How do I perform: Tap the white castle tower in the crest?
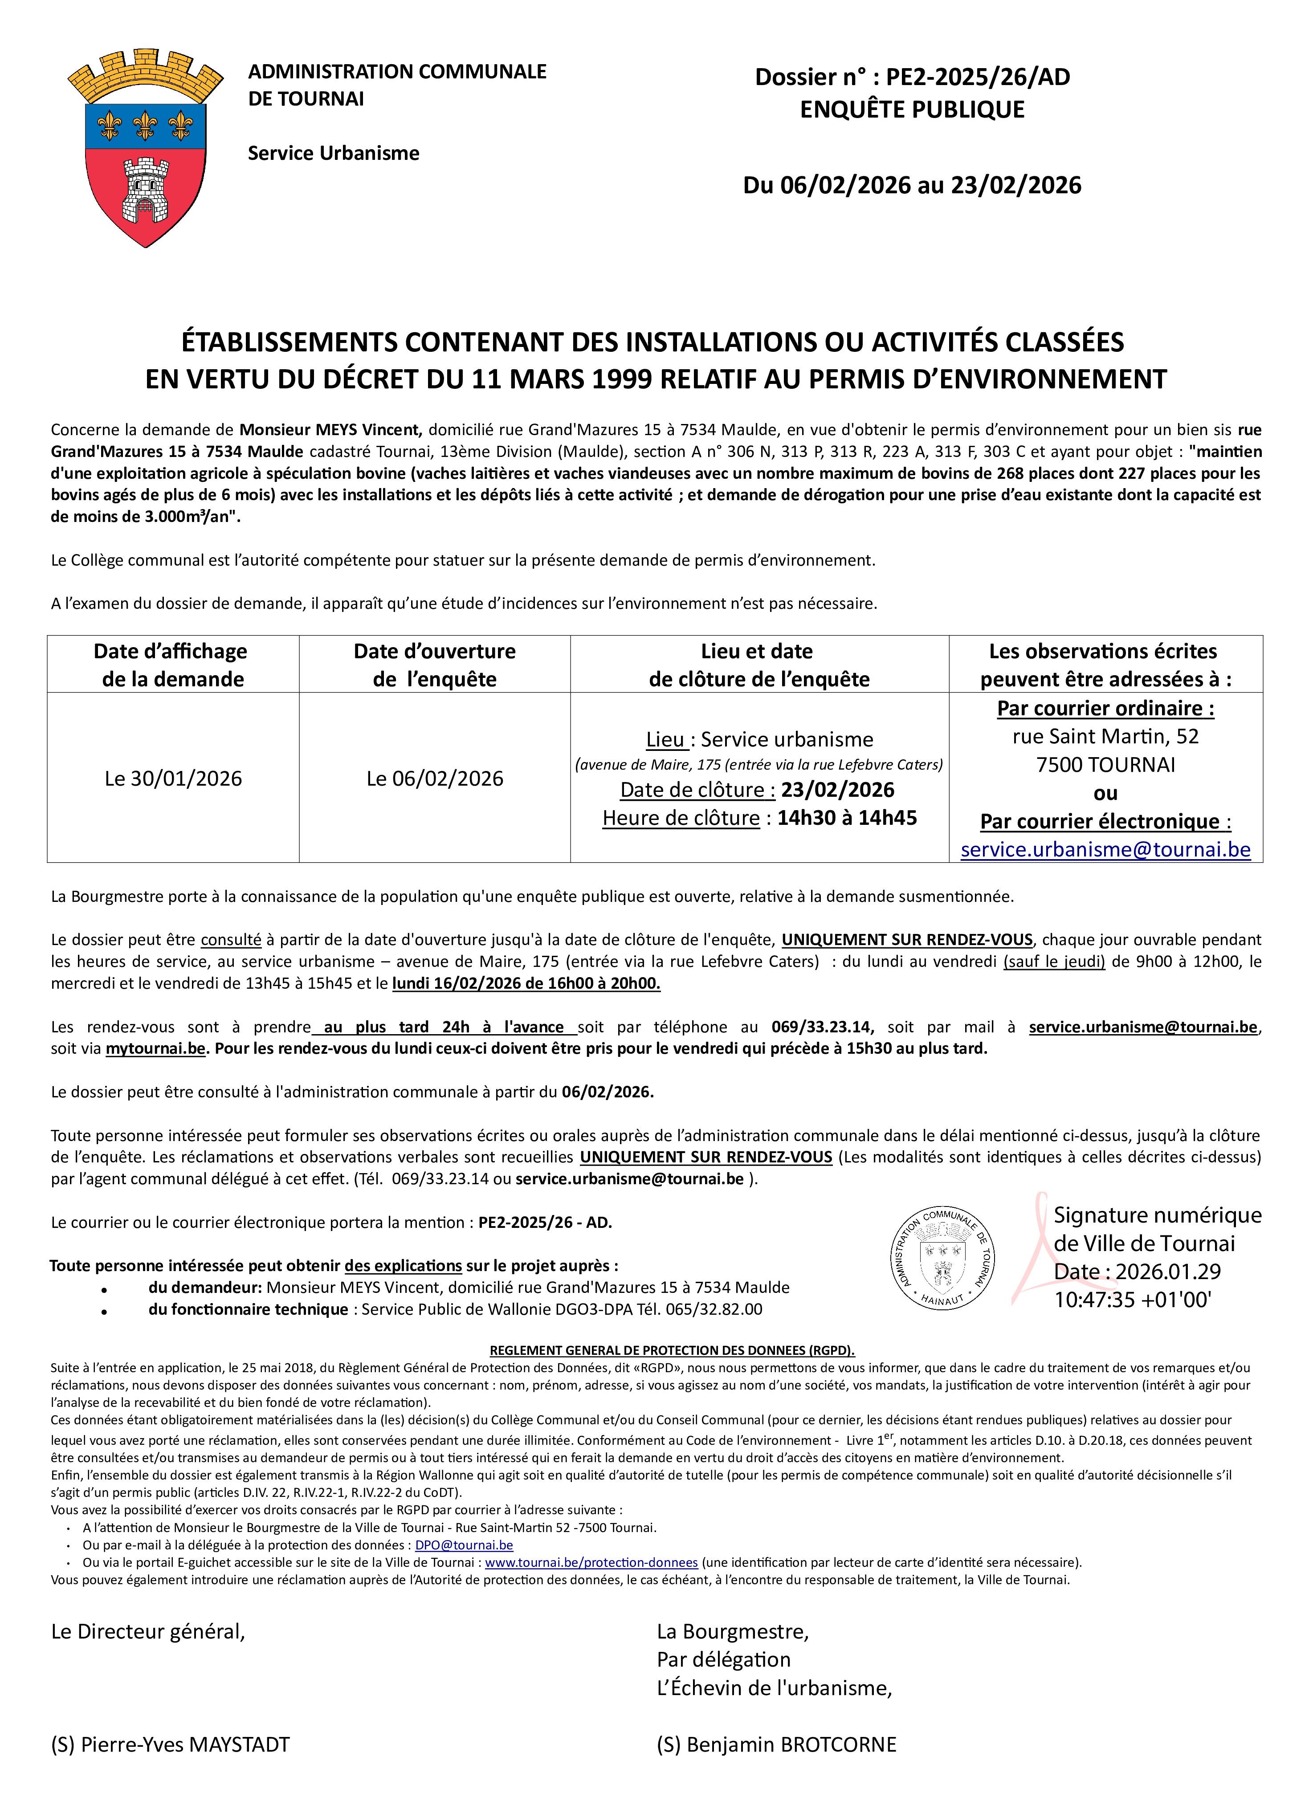pyautogui.click(x=145, y=191)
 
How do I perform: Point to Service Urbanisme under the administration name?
pyautogui.click(x=334, y=153)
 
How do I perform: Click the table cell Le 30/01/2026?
pyautogui.click(x=173, y=779)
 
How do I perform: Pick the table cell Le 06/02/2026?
pyautogui.click(x=434, y=779)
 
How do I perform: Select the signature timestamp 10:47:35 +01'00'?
pyautogui.click(x=1132, y=1300)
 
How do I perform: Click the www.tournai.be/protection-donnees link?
pyautogui.click(x=591, y=1562)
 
